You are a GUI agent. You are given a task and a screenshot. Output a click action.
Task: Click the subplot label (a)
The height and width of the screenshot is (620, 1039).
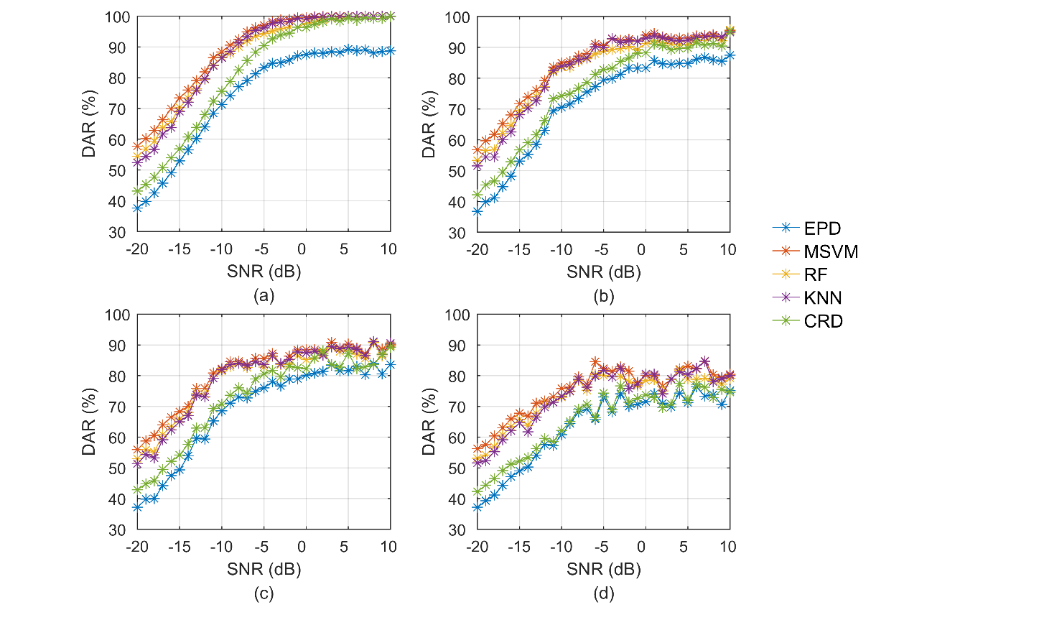[x=264, y=295]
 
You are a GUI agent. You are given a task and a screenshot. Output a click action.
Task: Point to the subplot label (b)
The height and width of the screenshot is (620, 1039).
[x=604, y=295]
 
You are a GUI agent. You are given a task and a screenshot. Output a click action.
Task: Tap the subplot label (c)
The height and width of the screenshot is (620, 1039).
[x=264, y=593]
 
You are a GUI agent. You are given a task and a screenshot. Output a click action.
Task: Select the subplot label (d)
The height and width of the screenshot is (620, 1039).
[x=604, y=593]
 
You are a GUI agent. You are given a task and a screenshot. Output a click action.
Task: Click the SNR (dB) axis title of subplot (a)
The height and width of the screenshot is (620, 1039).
[x=264, y=272]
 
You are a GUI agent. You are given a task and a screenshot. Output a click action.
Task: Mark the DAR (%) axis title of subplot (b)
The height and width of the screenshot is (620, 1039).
[x=429, y=124]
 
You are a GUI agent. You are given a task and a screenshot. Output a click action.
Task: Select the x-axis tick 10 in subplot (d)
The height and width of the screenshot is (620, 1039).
[x=728, y=547]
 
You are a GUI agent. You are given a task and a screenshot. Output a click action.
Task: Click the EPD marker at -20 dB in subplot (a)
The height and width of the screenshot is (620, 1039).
[x=137, y=208]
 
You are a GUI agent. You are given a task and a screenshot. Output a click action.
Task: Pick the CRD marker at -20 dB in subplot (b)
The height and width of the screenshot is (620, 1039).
[x=477, y=195]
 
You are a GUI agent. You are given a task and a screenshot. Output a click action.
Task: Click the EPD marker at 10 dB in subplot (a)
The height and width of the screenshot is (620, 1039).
[x=391, y=51]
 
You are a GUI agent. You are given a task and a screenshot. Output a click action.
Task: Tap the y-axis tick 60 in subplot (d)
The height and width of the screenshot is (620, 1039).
[x=458, y=438]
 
